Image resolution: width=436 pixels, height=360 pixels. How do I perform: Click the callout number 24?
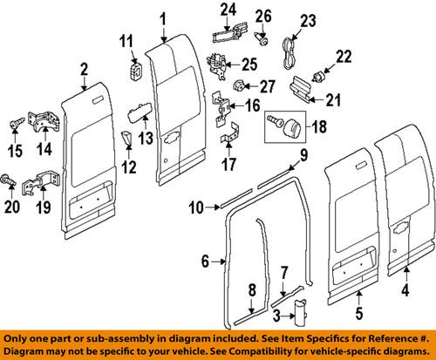coord(228,10)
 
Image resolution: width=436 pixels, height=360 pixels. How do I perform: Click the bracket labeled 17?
coord(228,139)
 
